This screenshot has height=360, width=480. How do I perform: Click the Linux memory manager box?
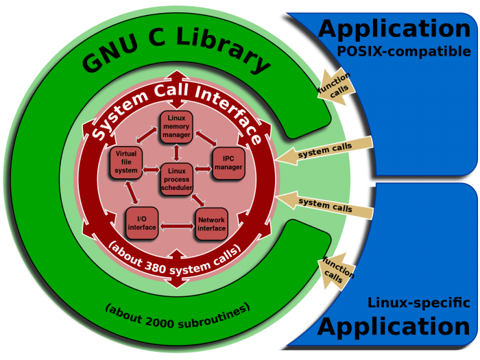[x=176, y=128]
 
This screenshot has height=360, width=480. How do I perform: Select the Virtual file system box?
[x=125, y=162]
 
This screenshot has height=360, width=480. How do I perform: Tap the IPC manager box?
[x=228, y=163]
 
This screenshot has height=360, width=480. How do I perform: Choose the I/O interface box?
[x=142, y=223]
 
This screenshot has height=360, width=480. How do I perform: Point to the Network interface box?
[x=211, y=224]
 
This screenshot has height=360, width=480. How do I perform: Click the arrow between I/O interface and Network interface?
[x=176, y=224]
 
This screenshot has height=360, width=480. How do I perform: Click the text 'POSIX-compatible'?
[x=403, y=51]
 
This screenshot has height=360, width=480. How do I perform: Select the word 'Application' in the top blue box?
[x=394, y=28]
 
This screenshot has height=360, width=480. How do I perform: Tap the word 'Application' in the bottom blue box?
[x=394, y=327]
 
